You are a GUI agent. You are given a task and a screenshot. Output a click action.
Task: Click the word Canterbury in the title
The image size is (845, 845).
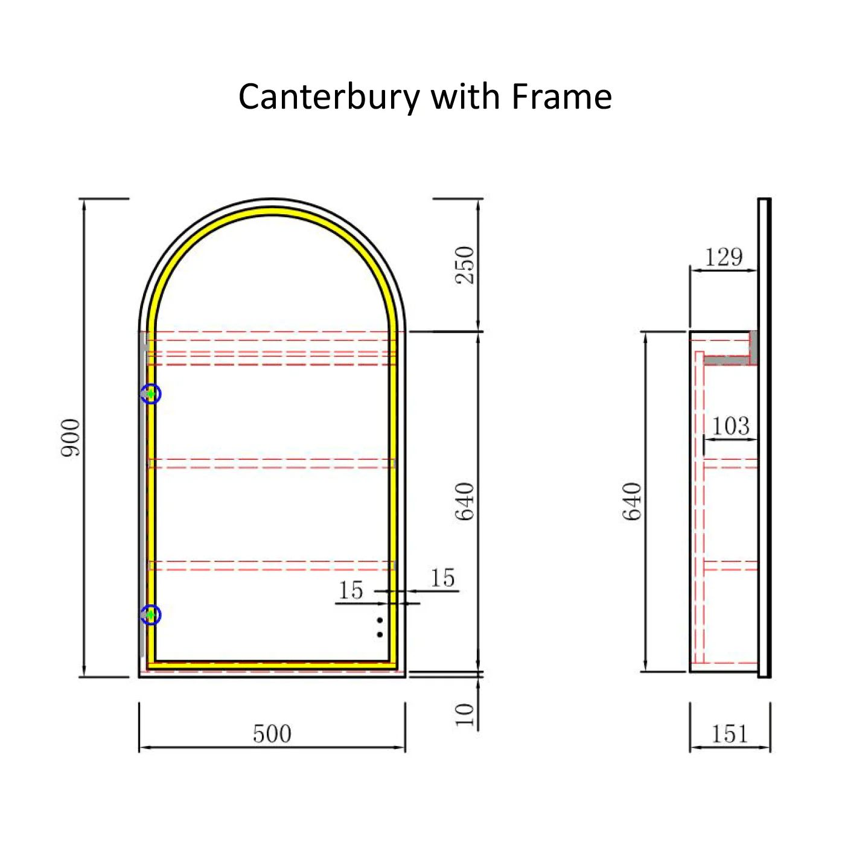[329, 98]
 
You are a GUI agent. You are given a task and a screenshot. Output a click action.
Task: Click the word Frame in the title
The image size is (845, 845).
[562, 97]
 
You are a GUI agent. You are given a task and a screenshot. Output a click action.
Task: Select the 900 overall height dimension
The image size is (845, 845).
[71, 438]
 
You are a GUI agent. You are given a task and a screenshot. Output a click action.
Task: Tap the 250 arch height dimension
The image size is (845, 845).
[465, 266]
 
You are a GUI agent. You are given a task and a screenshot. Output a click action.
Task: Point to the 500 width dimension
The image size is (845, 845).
[272, 733]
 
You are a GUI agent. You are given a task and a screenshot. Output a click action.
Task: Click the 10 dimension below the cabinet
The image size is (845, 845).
[465, 715]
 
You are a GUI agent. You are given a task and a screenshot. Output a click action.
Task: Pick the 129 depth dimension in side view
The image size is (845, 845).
[724, 257]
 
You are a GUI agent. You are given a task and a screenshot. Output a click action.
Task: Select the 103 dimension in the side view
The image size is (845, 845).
[730, 426]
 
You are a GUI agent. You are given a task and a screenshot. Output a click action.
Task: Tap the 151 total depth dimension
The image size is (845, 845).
[730, 734]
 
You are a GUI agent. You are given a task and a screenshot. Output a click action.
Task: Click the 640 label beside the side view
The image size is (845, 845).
[632, 501]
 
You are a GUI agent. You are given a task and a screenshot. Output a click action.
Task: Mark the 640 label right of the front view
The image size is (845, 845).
[465, 502]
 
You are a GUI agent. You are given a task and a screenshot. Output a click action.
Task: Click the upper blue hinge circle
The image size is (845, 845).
[151, 394]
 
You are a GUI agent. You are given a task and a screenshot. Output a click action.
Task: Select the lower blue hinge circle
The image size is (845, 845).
[151, 615]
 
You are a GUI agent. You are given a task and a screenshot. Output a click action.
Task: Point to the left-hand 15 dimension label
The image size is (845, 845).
[351, 590]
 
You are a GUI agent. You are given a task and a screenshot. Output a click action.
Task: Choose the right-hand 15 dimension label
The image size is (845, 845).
[442, 578]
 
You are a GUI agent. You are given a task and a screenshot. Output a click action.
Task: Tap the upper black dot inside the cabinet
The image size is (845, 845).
[380, 620]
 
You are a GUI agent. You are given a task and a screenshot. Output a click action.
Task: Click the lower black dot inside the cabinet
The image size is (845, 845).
[380, 634]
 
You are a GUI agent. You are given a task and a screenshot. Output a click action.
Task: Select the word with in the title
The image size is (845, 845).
[466, 97]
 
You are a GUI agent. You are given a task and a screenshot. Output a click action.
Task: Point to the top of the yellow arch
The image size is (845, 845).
[272, 211]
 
